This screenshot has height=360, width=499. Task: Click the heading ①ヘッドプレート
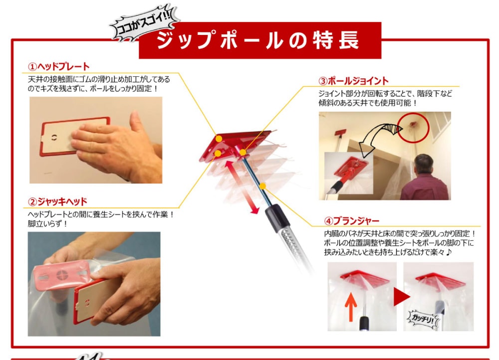click(x=58, y=66)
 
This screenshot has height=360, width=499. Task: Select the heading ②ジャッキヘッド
click(x=57, y=201)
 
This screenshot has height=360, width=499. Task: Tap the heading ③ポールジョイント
click(x=353, y=81)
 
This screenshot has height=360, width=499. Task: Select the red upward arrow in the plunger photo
click(x=351, y=305)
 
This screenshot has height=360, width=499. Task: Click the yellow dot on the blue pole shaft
click(x=262, y=186)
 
